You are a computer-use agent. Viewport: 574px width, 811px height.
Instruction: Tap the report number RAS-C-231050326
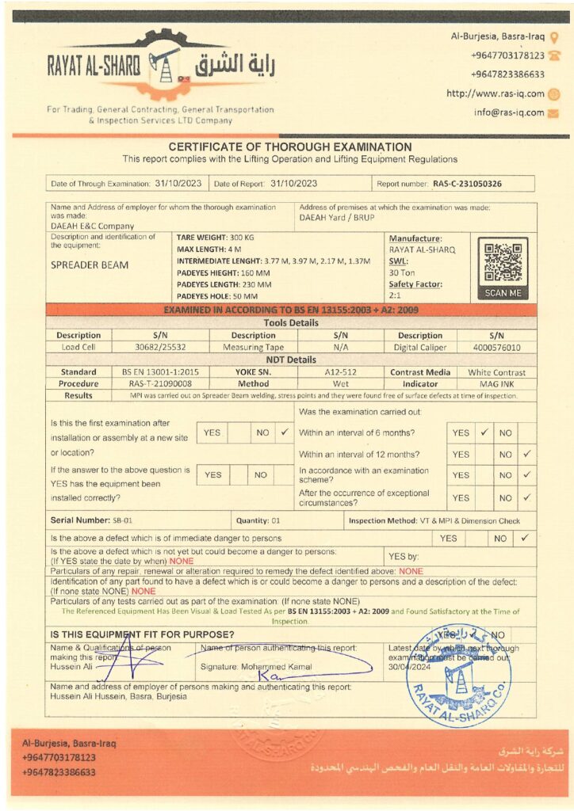pos(467,184)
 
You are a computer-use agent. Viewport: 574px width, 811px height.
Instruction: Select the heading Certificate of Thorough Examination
pos(289,147)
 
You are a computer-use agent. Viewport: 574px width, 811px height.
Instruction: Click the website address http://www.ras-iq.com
pos(496,93)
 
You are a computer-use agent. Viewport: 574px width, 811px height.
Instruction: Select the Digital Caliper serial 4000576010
pos(497,347)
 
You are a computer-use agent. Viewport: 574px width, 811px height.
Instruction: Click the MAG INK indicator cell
pos(496,383)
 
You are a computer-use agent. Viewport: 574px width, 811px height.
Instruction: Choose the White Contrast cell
pos(496,371)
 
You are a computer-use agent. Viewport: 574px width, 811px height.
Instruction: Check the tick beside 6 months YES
pos(484,433)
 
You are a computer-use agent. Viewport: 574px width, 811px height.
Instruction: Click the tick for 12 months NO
pos(527,455)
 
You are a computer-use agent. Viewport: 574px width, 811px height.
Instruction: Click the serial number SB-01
pos(122,520)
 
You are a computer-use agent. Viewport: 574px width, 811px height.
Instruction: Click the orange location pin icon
pos(554,36)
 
